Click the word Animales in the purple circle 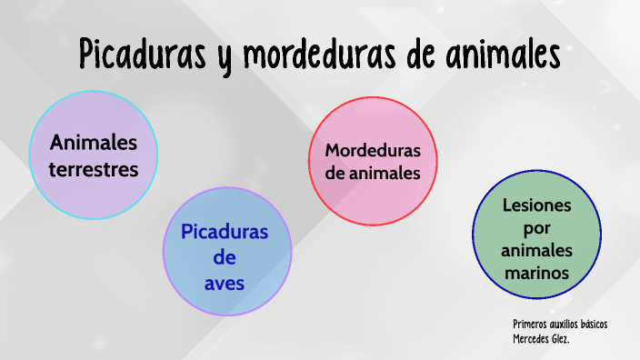pos(94,143)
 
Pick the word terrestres pos(94,168)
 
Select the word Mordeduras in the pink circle pos(373,149)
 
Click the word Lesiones pos(536,205)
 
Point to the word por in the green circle pos(536,227)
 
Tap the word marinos pos(536,273)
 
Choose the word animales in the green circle pos(536,250)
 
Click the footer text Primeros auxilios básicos pos(559,325)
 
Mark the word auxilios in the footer pos(560,325)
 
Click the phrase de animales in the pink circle pos(373,172)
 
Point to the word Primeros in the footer pos(528,325)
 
